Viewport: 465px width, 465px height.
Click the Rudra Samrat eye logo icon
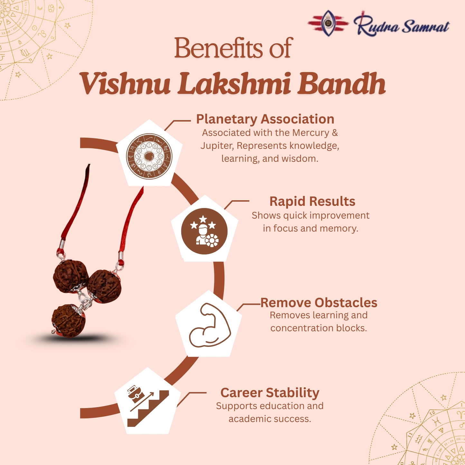pos(328,23)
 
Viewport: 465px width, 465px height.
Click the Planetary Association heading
pos(265,119)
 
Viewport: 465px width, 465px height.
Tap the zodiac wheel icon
pos(149,156)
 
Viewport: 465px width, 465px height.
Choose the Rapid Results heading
pos(312,201)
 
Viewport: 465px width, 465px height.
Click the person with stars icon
pos(204,231)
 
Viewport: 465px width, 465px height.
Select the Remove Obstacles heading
pos(319,302)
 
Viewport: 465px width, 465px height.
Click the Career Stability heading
pos(270,393)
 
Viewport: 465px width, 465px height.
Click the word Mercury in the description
pos(311,133)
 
